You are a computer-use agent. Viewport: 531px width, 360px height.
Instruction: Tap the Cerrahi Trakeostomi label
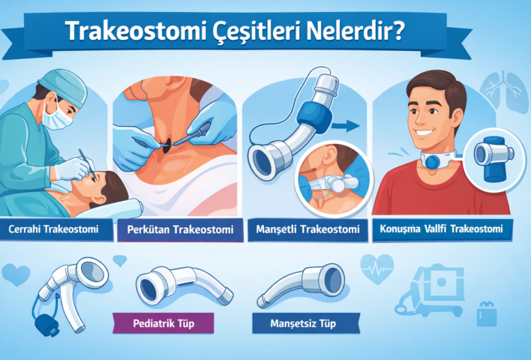point(54,228)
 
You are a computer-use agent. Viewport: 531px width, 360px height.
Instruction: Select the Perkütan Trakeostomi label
point(181,228)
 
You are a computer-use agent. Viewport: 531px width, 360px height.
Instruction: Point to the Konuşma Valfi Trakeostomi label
point(442,228)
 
